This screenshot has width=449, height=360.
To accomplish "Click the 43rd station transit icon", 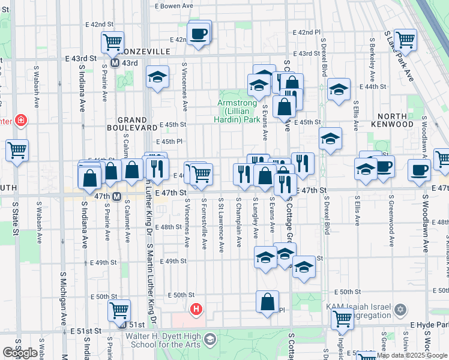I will click(x=114, y=63).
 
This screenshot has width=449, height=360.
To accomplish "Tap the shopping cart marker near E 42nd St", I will click(x=112, y=43).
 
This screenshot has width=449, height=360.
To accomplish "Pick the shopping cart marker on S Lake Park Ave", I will click(x=406, y=40).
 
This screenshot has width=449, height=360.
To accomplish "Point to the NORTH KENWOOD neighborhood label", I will click(x=395, y=119).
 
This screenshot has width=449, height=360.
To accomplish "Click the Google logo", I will click(x=20, y=353).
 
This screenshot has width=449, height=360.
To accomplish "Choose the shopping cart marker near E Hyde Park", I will click(x=342, y=319).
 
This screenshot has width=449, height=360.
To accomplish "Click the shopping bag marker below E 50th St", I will click(x=267, y=302).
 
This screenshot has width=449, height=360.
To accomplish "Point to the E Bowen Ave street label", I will click(x=174, y=5).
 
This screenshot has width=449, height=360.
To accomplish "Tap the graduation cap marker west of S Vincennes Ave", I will click(x=157, y=78).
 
